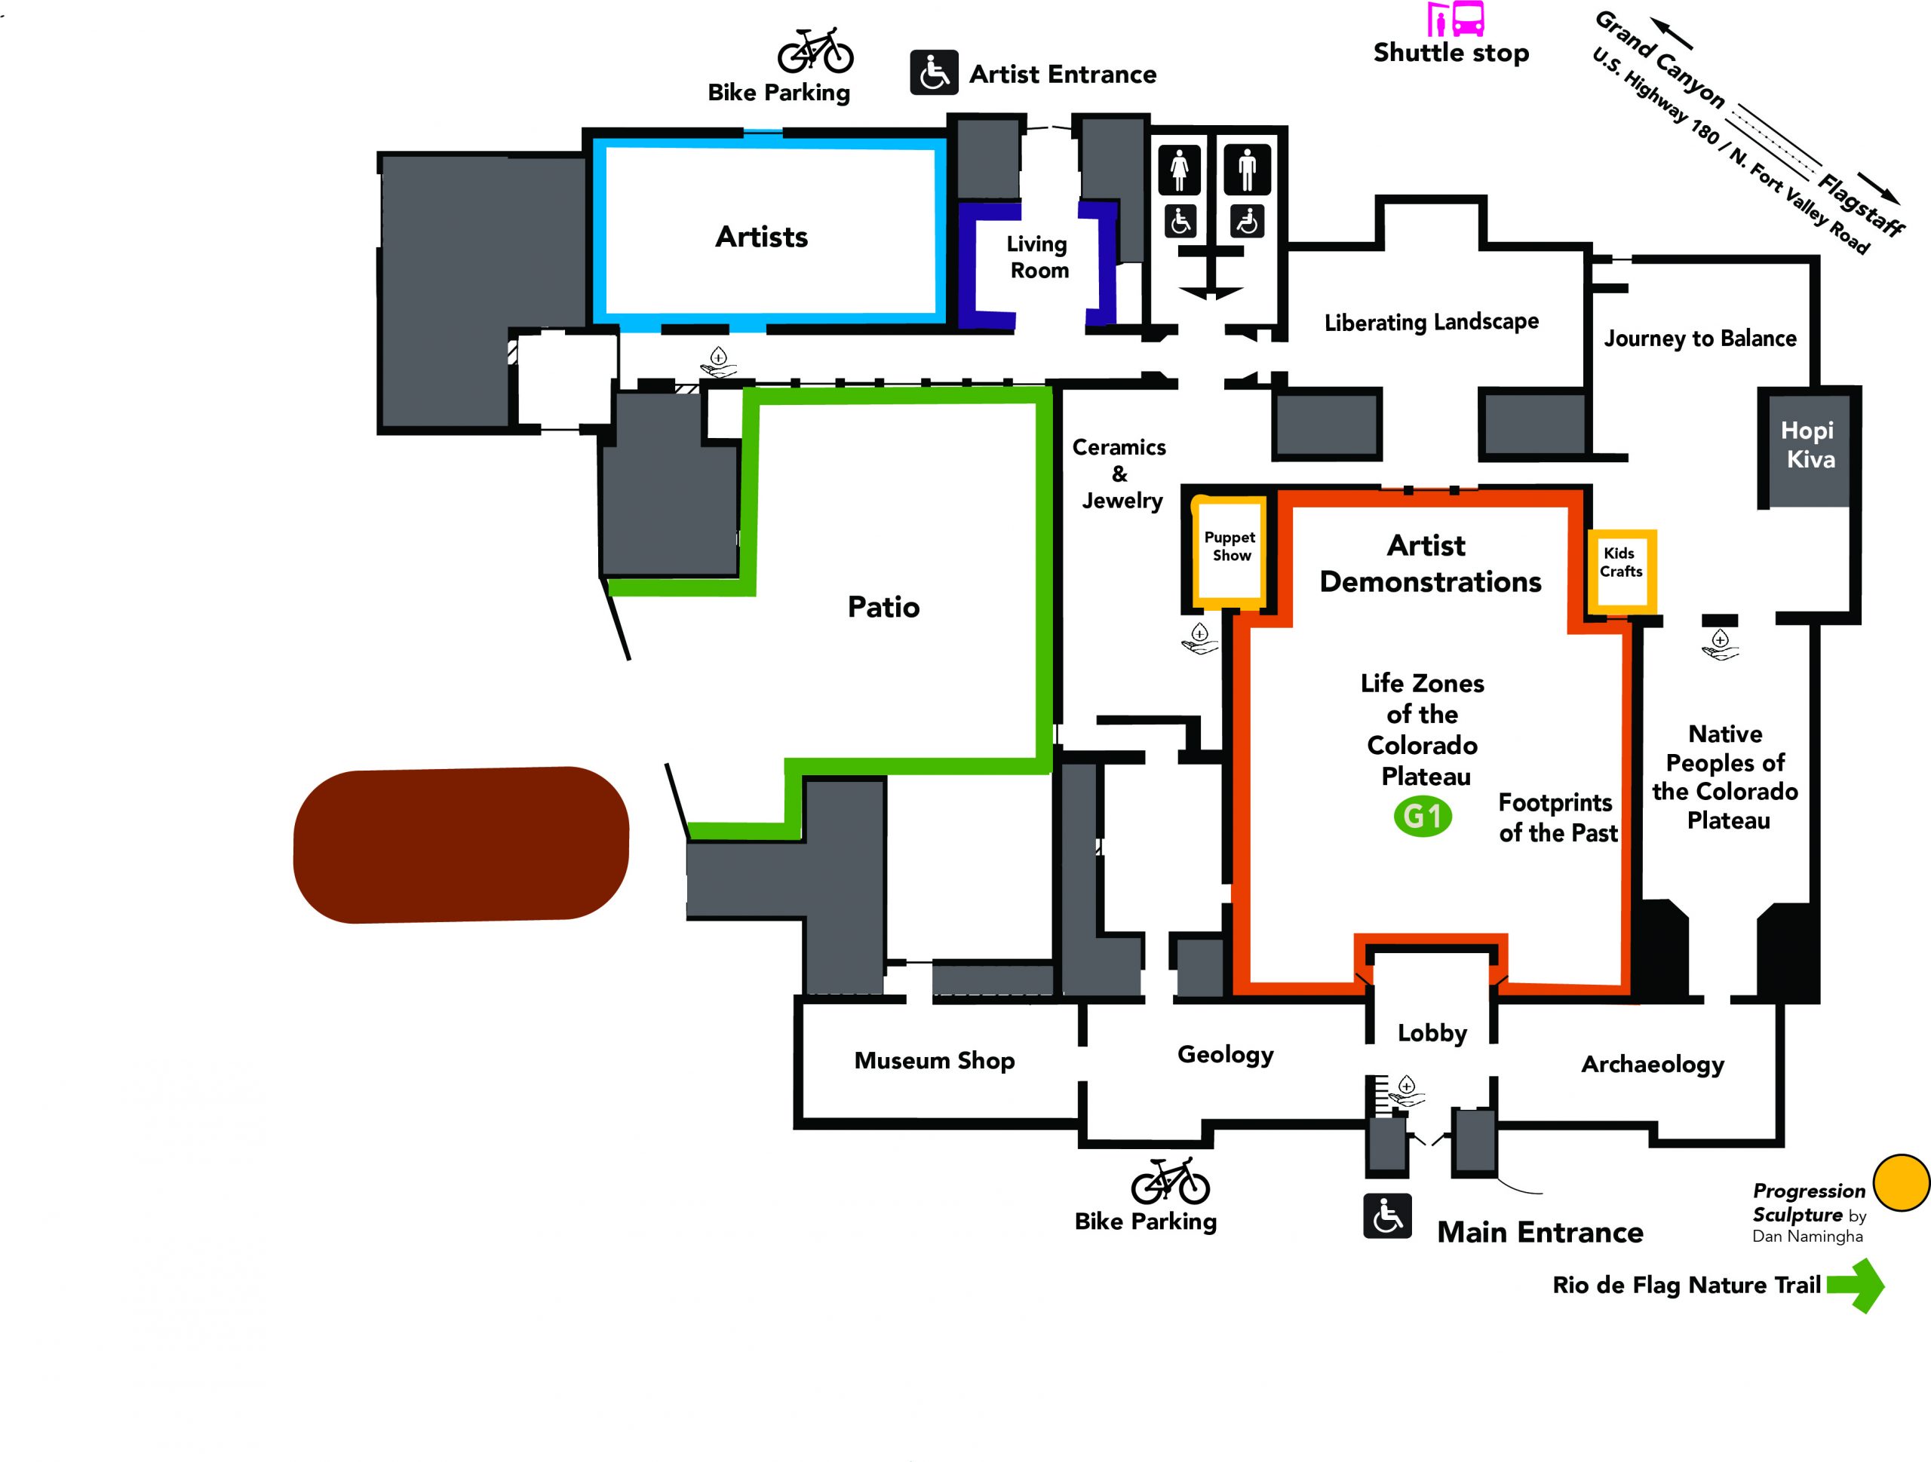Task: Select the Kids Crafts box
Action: point(1621,569)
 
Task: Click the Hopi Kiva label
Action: point(1809,444)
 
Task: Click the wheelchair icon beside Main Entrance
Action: point(1387,1216)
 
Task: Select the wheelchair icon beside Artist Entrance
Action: point(934,72)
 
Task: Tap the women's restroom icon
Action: point(1180,170)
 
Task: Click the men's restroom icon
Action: point(1247,170)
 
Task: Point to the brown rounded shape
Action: point(461,845)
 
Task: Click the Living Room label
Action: point(1038,256)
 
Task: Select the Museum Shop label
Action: point(934,1060)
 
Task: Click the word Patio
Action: point(883,607)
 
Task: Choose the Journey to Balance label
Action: point(1699,339)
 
